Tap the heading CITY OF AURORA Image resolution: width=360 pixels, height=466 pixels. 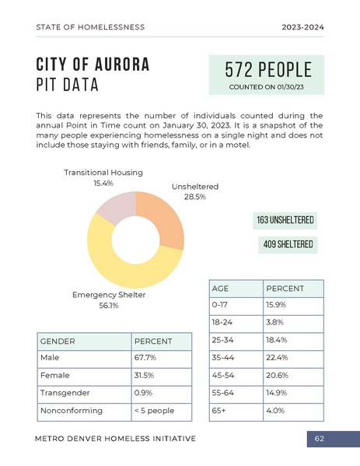pyautogui.click(x=93, y=64)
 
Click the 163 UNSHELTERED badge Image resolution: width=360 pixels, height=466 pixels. pyautogui.click(x=285, y=221)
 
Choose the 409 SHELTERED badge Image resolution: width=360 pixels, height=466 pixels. pyautogui.click(x=288, y=245)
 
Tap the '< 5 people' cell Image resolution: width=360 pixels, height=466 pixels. pyautogui.click(x=154, y=410)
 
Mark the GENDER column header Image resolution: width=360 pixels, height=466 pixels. pyautogui.click(x=58, y=341)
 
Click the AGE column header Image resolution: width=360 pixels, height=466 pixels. pyautogui.click(x=220, y=288)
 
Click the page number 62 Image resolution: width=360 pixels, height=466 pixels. pyautogui.click(x=319, y=439)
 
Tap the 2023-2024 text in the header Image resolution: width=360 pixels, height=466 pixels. pyautogui.click(x=302, y=27)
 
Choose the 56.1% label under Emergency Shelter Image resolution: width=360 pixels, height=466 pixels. pyautogui.click(x=108, y=306)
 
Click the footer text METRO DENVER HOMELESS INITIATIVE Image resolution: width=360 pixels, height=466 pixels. pyautogui.click(x=115, y=439)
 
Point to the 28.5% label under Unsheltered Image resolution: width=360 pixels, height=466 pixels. pyautogui.click(x=194, y=197)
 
